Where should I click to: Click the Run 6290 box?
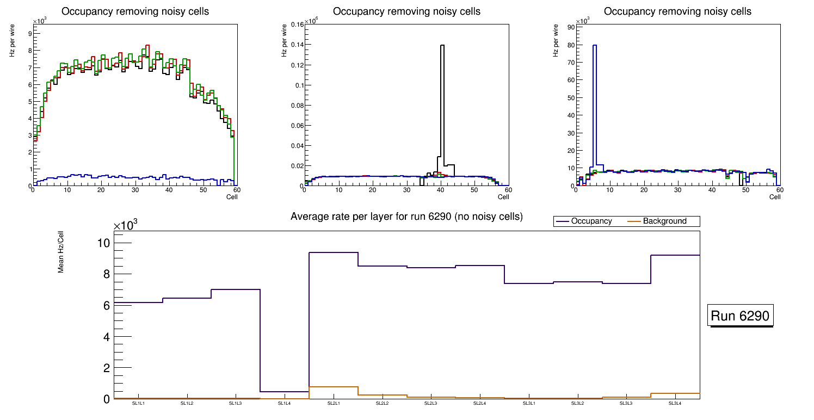coord(741,316)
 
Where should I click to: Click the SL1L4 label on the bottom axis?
coord(285,404)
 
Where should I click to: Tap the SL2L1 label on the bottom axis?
coord(334,404)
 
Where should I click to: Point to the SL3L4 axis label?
coord(675,404)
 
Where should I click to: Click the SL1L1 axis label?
coord(138,404)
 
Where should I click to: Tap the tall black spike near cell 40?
coord(442,109)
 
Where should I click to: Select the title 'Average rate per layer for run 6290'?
coord(406,217)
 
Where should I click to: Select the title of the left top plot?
coord(135,11)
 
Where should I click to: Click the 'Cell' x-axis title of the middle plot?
coord(503,196)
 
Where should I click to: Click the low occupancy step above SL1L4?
coord(285,391)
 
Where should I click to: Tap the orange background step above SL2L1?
coord(334,387)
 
